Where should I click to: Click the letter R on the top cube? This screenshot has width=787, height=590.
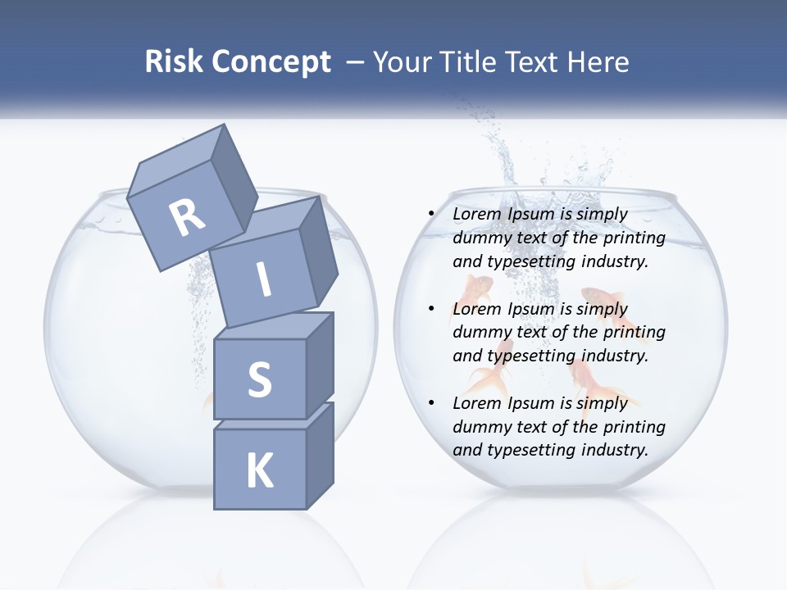tap(187, 217)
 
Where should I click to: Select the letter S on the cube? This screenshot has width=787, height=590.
tap(259, 379)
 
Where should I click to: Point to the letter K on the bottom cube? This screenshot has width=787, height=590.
tap(259, 471)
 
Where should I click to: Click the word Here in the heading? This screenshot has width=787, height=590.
tap(598, 61)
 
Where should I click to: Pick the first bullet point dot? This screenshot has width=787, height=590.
tap(432, 214)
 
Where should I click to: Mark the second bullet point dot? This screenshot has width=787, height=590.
tap(432, 309)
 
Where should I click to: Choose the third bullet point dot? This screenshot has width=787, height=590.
tap(432, 403)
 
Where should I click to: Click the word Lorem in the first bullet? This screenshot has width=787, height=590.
tap(477, 214)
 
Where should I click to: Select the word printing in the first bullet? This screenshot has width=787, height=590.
tap(634, 238)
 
